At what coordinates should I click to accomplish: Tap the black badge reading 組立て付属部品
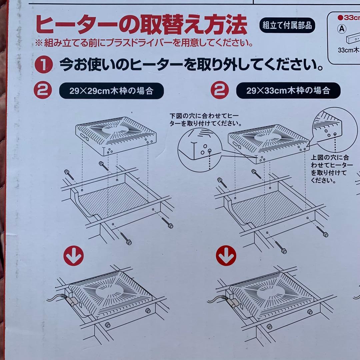pos(287,26)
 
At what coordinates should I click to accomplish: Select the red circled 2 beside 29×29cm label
pos(43,90)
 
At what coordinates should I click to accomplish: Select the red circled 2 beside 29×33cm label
pos(220,90)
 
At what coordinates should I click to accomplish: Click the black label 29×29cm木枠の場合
pos(111,91)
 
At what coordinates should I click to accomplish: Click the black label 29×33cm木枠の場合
pos(288,90)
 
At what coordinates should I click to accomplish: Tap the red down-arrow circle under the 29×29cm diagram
pos(73,256)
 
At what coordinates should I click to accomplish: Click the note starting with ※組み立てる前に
pos(143,43)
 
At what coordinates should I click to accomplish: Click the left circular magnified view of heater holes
pos(199,149)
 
